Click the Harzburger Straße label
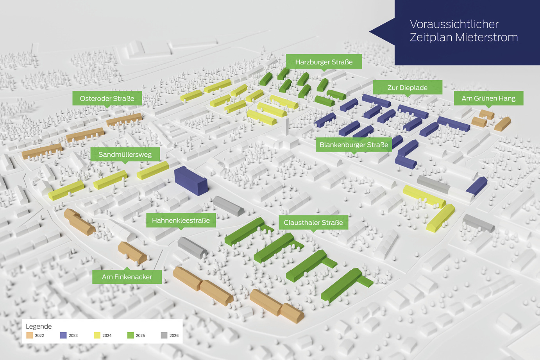click(x=324, y=62)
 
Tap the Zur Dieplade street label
click(x=408, y=88)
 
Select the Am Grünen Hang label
click(x=488, y=99)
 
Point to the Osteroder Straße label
click(x=107, y=99)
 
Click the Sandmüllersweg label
click(x=125, y=154)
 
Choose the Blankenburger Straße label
click(x=354, y=145)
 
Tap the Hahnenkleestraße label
click(x=181, y=220)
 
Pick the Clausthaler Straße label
click(x=313, y=222)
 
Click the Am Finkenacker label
click(x=127, y=276)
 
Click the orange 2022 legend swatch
click(x=29, y=335)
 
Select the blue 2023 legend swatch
click(x=63, y=335)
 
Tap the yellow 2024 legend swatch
click(x=97, y=335)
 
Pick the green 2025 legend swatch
click(x=131, y=335)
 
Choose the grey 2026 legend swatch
click(x=164, y=335)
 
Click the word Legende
click(x=39, y=326)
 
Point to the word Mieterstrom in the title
click(x=487, y=37)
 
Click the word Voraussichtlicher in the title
click(x=454, y=24)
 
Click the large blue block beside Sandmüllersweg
click(x=191, y=181)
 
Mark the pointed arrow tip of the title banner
click(x=370, y=31)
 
